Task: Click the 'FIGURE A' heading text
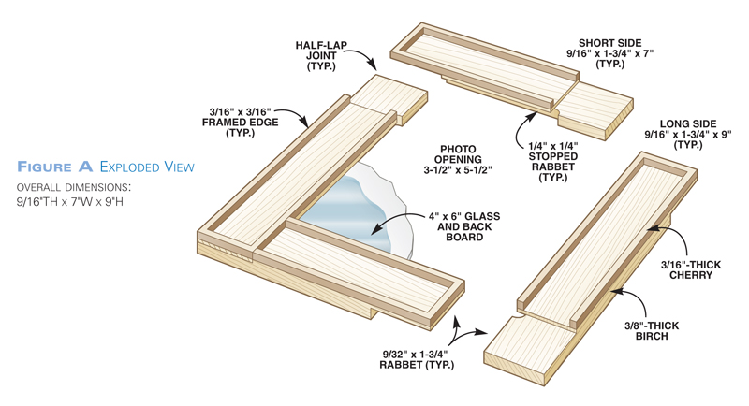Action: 54,167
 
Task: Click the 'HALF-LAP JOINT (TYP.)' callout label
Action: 321,53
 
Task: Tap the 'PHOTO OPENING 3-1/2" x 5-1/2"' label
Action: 458,160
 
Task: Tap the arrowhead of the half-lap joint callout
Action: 376,68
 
